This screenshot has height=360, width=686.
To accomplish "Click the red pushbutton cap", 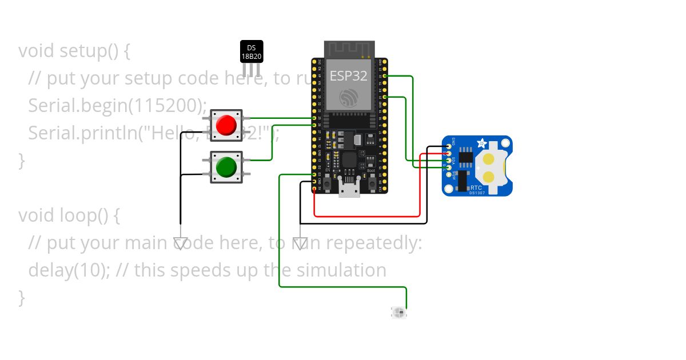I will pos(226,124).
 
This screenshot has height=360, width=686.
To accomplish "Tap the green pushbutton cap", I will pos(226,167).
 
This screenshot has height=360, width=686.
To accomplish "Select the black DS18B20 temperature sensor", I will pos(251,52).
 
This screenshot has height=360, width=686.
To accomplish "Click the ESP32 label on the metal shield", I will pos(348,76).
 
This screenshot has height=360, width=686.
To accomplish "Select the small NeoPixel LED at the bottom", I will pos(399,312).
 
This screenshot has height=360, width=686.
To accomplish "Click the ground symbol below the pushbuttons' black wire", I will pos(181,244).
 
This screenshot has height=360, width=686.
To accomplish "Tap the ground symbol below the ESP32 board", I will pos(300,244).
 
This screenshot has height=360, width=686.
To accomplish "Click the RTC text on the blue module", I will pos(476,187).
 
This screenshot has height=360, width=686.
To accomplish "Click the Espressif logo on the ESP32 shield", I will pos(348,97).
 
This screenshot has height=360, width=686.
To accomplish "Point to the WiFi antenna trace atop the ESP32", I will pos(349,49).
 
